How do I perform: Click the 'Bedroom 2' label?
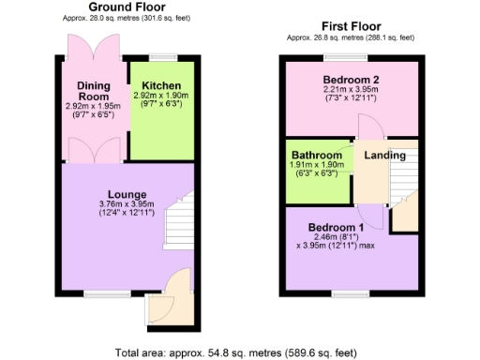tap(352, 79)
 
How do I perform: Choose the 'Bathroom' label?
tap(315, 154)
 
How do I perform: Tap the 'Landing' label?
tap(384, 155)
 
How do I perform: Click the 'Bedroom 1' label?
tap(337, 228)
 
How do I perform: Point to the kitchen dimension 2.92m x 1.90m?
tap(160, 96)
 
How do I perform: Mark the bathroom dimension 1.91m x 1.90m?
tap(315, 165)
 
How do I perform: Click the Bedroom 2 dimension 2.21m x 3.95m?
tap(352, 90)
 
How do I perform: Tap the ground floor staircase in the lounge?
tap(176, 223)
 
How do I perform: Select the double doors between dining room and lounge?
tap(94, 151)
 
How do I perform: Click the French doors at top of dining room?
tap(94, 47)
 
